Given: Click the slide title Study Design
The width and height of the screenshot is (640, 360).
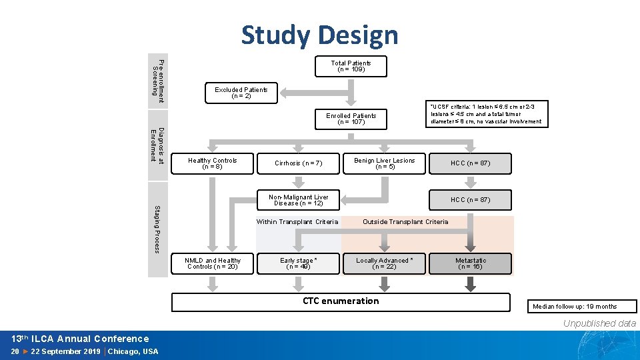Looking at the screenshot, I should (x=319, y=35).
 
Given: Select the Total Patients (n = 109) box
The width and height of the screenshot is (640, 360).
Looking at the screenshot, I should (x=351, y=66).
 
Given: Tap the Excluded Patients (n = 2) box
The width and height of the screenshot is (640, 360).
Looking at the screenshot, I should (x=241, y=93).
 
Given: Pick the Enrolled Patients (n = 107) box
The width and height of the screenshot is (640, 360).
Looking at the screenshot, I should (x=351, y=119).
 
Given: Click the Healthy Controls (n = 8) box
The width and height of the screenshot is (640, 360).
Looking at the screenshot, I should (x=212, y=163).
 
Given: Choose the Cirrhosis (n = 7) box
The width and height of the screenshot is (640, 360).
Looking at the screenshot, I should (x=298, y=163).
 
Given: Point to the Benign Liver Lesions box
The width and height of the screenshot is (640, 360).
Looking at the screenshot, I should (x=384, y=163).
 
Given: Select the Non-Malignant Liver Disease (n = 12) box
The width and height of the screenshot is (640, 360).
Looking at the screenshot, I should (x=298, y=200).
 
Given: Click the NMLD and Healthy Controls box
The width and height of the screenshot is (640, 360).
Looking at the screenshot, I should (x=212, y=263).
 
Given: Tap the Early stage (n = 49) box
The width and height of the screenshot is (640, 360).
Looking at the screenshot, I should (x=298, y=263).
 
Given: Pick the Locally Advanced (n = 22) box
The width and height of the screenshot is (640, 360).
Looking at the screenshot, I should (x=384, y=263).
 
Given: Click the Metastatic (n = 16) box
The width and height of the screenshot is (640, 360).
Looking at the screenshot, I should (x=471, y=263).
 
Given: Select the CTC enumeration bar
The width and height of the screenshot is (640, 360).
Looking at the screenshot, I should (x=341, y=301).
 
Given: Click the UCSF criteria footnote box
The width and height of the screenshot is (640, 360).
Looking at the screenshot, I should (x=486, y=114).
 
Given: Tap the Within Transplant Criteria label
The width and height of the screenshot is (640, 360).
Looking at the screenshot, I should (x=297, y=222).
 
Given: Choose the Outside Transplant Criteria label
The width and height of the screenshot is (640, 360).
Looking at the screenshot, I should (x=405, y=222).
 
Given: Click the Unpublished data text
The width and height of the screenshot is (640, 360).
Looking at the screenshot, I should (x=599, y=323).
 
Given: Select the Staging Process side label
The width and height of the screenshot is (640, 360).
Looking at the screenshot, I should (x=157, y=229).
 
